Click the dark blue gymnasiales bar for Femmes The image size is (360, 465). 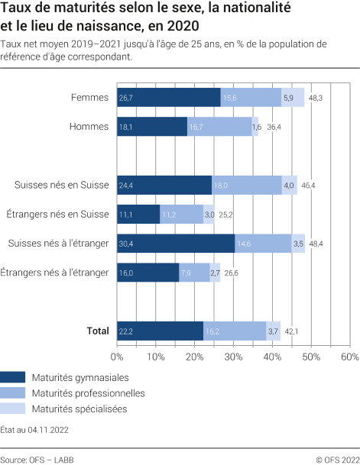[168, 98]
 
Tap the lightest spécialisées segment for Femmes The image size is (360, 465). [293, 98]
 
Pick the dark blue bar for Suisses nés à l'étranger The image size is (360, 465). [176, 244]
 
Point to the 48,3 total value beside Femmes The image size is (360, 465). [316, 98]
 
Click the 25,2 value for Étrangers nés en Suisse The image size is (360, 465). [225, 215]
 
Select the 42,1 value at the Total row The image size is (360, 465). [291, 331]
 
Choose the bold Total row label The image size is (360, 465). [97, 331]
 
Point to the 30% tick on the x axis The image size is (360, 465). [233, 357]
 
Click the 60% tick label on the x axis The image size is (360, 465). [349, 357]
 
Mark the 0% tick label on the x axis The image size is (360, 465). [117, 357]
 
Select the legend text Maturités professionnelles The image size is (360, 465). [88, 393]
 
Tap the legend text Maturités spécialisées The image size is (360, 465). [79, 409]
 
